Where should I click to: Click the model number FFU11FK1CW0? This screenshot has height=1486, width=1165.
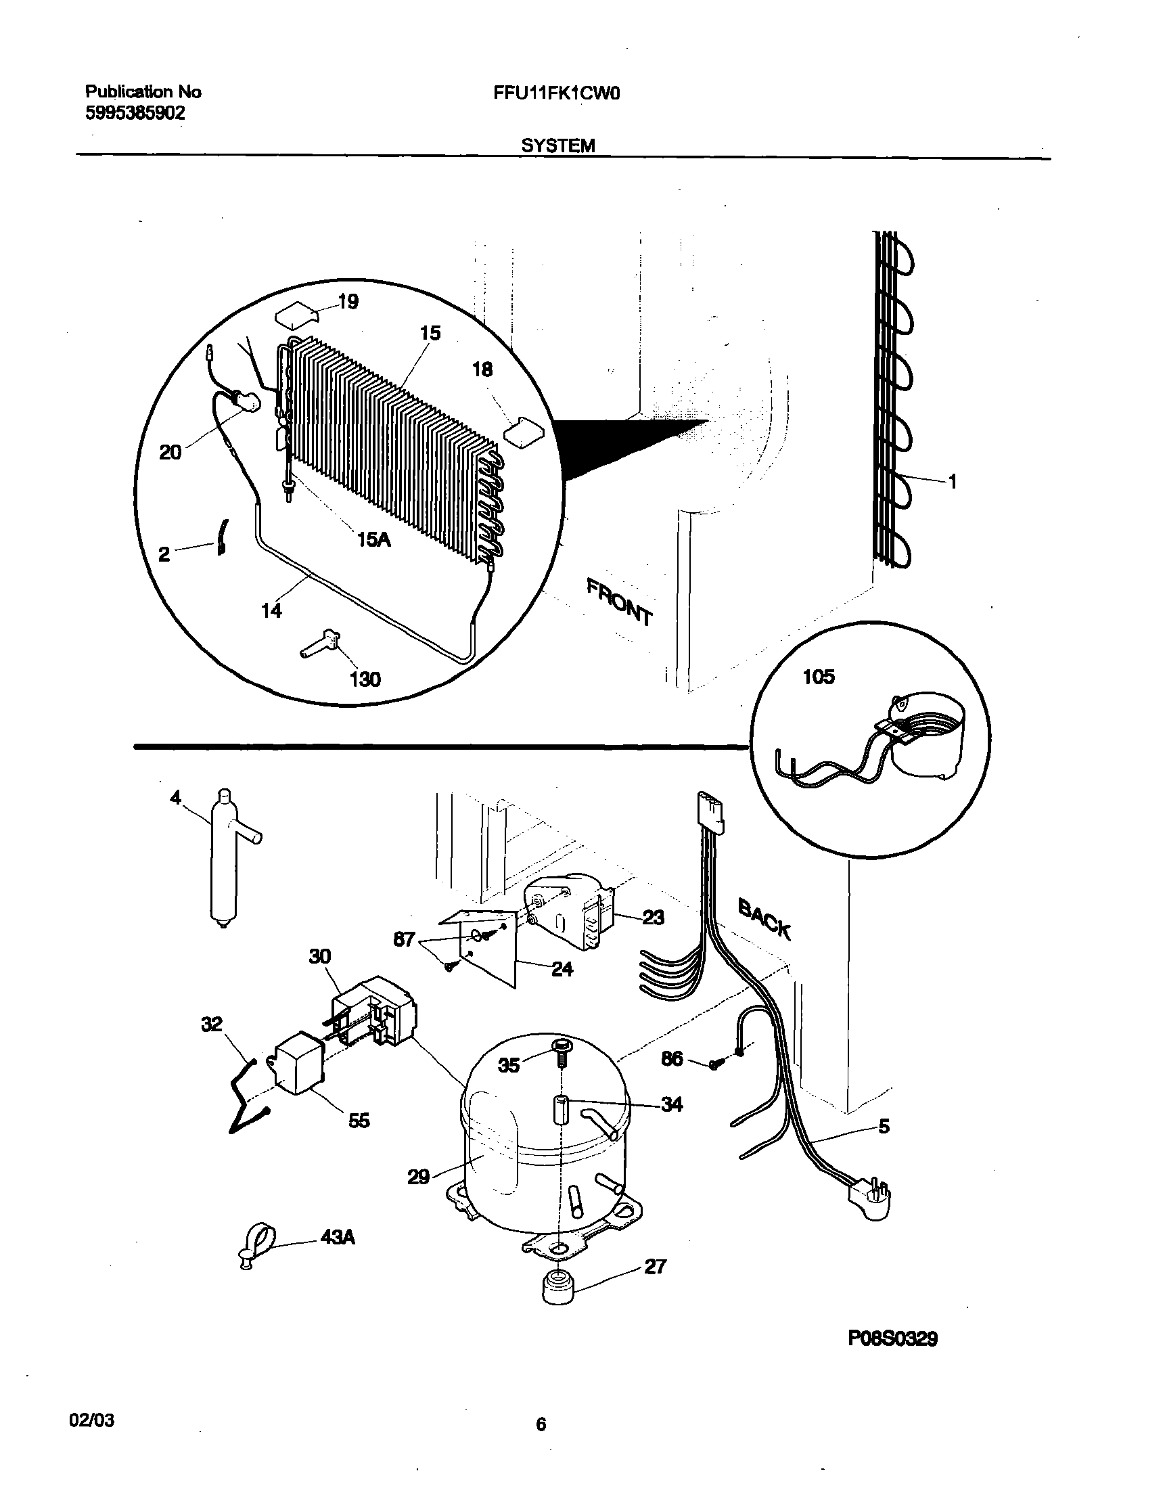pyautogui.click(x=557, y=93)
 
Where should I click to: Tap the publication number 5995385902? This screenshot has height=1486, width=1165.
pyautogui.click(x=135, y=113)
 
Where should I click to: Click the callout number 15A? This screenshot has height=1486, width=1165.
pyautogui.click(x=373, y=540)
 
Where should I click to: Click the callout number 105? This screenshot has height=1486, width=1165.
pyautogui.click(x=819, y=677)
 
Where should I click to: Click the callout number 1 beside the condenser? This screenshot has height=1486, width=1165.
pyautogui.click(x=953, y=482)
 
